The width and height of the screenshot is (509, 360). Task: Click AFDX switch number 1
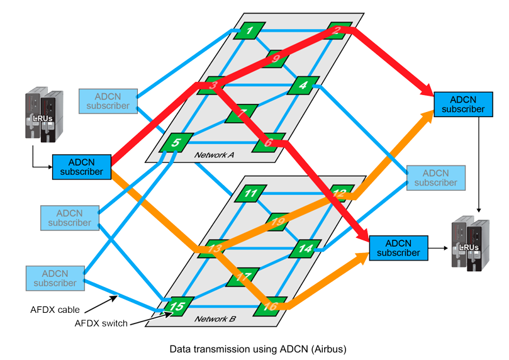pos(249,30)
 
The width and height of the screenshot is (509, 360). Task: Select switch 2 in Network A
pos(337,30)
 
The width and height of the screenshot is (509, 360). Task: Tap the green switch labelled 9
pos(275,59)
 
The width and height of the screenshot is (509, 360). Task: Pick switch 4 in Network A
pos(303,85)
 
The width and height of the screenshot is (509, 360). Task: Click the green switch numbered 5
pos(174,142)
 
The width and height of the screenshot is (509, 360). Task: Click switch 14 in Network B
pos(305,248)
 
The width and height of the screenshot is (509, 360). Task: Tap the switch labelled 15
pos(177,306)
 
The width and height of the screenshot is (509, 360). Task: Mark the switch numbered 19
pos(277,221)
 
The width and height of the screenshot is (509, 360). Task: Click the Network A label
pos(214,155)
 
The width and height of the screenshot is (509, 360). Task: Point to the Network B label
pos(215,319)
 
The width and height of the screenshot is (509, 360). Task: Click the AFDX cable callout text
pos(55,310)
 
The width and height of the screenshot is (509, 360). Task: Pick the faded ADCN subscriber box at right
pos(435,177)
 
